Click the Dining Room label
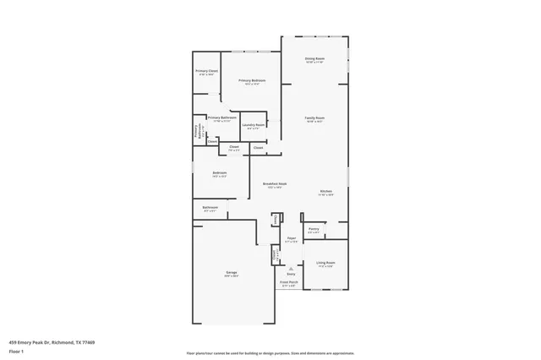(x=314, y=58)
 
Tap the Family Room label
(x=314, y=117)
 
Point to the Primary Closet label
(x=207, y=71)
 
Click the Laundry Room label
(x=253, y=125)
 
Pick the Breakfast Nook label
(x=274, y=184)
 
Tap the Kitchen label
(x=325, y=191)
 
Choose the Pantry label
(x=313, y=228)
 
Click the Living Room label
(x=325, y=263)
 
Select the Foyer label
(x=291, y=239)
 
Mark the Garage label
(x=231, y=272)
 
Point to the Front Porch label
(x=288, y=282)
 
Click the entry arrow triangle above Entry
(x=291, y=268)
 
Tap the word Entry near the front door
(x=291, y=274)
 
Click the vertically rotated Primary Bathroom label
(x=197, y=131)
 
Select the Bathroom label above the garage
(x=210, y=207)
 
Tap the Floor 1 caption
(x=17, y=351)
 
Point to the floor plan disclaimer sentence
(x=270, y=353)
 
